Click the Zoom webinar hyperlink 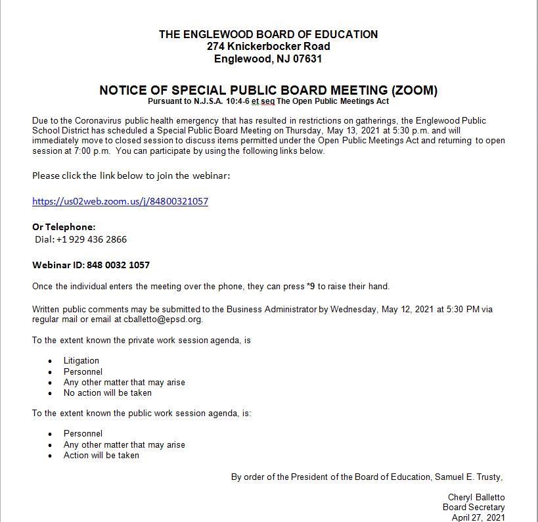click(x=120, y=201)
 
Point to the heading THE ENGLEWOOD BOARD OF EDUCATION click(x=268, y=34)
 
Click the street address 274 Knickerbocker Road click(x=268, y=47)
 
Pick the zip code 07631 click(x=307, y=59)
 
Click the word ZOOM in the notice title click(x=414, y=90)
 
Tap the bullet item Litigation click(x=81, y=360)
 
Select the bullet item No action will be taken click(x=108, y=392)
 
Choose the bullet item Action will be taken click(x=101, y=455)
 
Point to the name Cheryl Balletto click(x=476, y=497)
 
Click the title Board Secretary click(x=474, y=507)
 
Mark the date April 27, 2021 click(x=478, y=517)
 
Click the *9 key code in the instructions click(x=311, y=286)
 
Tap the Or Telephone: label click(x=64, y=227)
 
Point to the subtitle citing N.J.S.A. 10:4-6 click(x=268, y=101)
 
